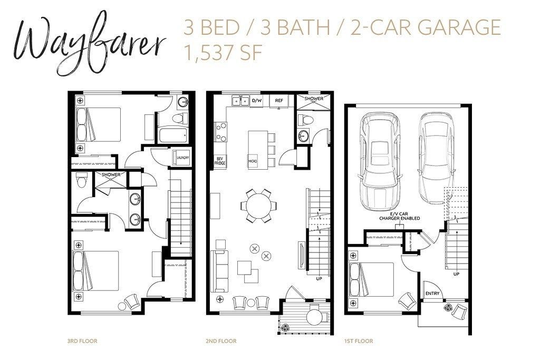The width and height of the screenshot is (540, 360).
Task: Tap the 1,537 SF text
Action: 224,53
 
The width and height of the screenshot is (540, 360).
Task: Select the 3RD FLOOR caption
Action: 82,341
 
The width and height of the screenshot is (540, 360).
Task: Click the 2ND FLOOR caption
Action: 221,341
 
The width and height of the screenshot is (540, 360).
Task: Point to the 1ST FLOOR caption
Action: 358,341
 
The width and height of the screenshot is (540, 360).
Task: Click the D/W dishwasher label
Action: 257,101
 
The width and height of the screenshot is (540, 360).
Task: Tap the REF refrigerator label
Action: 279,101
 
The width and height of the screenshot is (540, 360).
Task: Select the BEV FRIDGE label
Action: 220,161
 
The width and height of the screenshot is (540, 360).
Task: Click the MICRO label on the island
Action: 253,161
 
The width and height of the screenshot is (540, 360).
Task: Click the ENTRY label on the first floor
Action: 432,293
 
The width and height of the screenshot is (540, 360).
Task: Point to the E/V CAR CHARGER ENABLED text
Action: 400,216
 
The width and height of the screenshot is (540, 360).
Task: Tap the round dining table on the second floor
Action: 258,206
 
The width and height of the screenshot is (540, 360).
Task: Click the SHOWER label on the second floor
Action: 314,99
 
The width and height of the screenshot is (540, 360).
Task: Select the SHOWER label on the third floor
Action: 111,174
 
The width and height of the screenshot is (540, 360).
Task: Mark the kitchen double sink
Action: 240,101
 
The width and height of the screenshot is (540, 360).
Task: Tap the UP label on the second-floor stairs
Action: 319,278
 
